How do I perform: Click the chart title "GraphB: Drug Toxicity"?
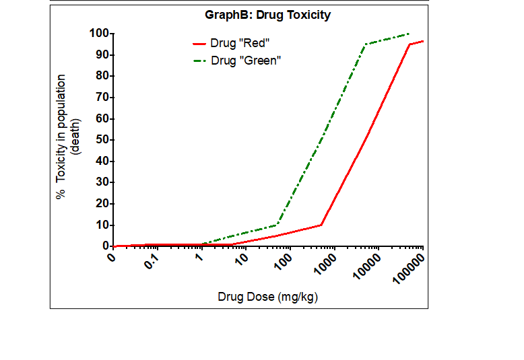click(x=267, y=14)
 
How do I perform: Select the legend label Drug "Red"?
click(x=240, y=43)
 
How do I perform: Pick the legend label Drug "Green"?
click(x=245, y=61)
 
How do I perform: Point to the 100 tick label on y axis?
click(x=100, y=33)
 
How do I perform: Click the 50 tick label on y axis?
click(x=102, y=140)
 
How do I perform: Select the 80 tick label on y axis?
click(x=102, y=76)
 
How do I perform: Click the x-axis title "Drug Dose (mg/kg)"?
click(x=267, y=297)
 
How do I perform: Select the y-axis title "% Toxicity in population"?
click(x=61, y=137)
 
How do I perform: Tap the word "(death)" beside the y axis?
click(x=75, y=137)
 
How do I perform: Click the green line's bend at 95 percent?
click(x=366, y=44)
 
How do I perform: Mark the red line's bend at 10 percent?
click(x=321, y=225)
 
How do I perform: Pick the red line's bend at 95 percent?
click(x=410, y=44)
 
